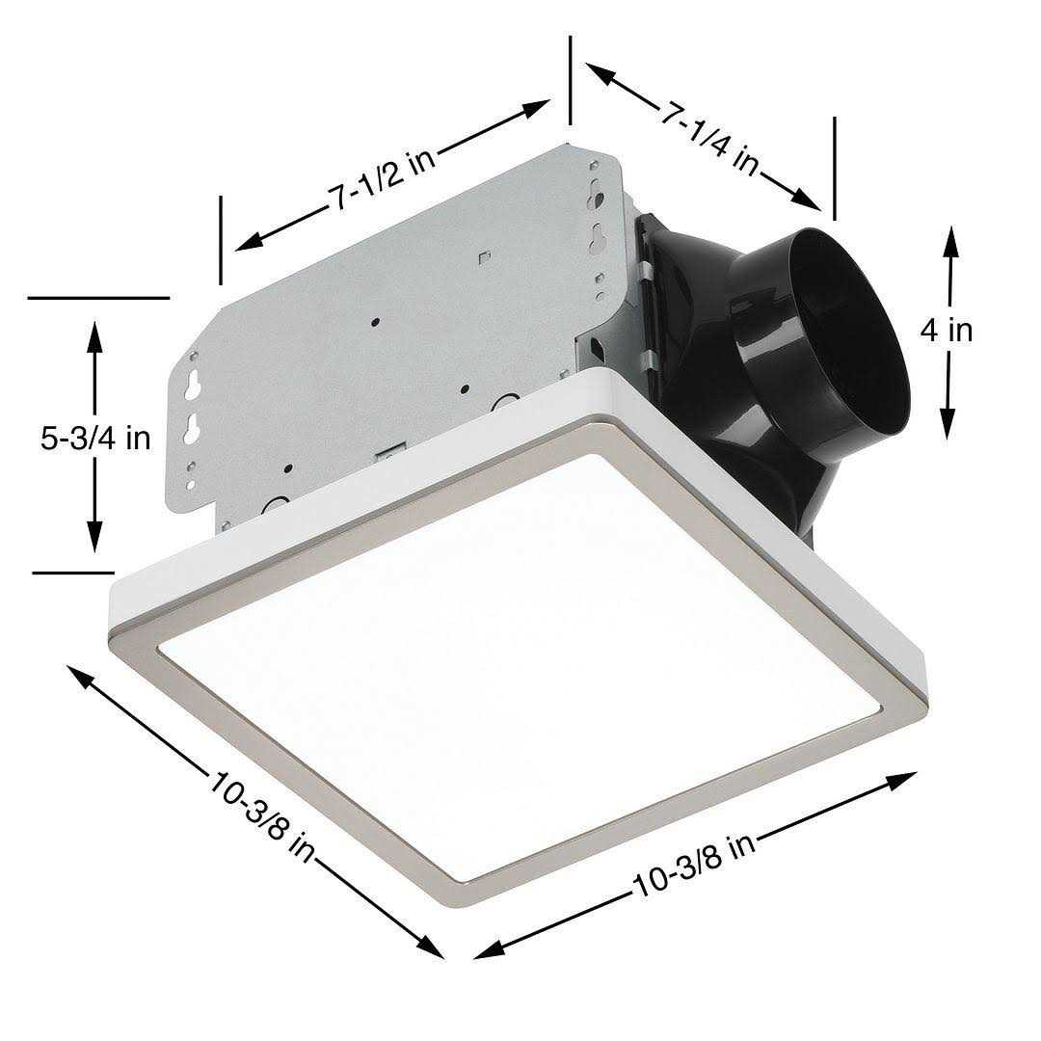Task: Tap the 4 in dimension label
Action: [x=947, y=331]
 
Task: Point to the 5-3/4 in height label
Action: [x=95, y=439]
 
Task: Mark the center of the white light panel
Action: [x=520, y=665]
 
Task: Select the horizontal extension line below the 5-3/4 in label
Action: [x=72, y=573]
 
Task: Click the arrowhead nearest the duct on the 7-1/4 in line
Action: [x=808, y=200]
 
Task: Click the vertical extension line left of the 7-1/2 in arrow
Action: [x=221, y=240]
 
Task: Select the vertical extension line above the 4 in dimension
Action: [x=834, y=169]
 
